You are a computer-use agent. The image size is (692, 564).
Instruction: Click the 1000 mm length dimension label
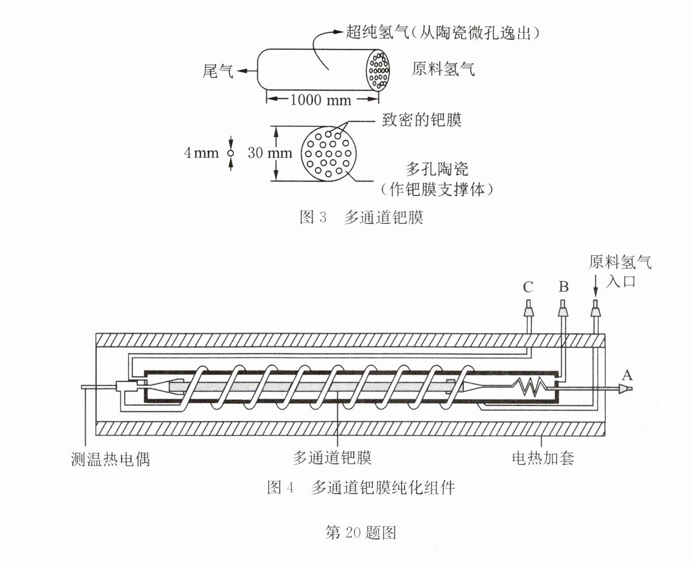(321, 100)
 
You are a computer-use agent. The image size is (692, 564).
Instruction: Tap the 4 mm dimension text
(201, 153)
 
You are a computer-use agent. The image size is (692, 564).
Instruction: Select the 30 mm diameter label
(270, 153)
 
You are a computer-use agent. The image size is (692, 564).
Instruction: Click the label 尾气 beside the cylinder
(218, 71)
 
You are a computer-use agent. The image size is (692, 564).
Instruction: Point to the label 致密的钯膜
(422, 119)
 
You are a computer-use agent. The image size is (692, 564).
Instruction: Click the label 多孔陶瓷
(437, 169)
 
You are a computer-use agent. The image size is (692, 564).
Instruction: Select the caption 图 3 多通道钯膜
(361, 217)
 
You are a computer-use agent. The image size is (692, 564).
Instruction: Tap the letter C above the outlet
(528, 287)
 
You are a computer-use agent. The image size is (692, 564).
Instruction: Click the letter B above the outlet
(564, 287)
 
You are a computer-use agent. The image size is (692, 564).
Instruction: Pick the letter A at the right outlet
(627, 375)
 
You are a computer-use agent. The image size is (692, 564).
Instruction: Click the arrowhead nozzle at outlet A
(626, 389)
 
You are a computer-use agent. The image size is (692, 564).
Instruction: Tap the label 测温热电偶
(110, 460)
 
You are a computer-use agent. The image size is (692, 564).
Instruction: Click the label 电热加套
(543, 458)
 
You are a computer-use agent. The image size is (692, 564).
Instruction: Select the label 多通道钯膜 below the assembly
(332, 458)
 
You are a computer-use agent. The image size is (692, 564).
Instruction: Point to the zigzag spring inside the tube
(530, 387)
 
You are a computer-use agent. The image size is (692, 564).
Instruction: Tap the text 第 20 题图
(361, 532)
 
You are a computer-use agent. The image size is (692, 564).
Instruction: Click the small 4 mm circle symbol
(231, 153)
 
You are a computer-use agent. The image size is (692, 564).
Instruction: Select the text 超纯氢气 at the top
(377, 32)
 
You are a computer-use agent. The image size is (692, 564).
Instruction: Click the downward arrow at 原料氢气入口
(595, 285)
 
